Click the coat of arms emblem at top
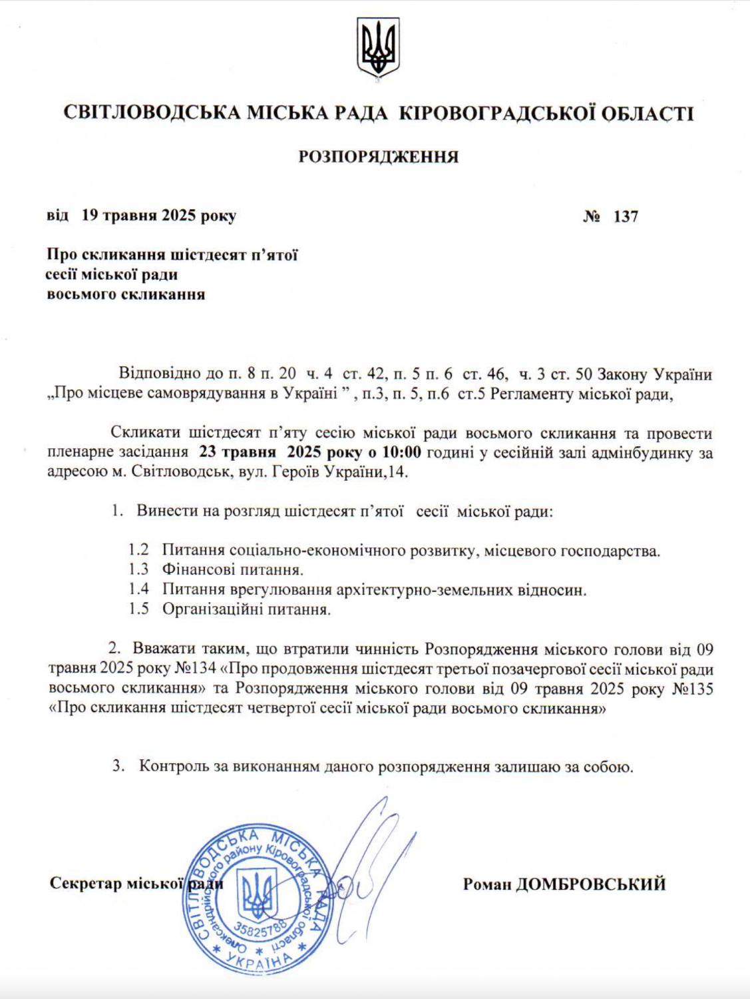point(377,47)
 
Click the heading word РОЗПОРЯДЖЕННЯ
point(378,157)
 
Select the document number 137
point(626,216)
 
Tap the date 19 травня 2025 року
point(158,216)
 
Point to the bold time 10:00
point(401,453)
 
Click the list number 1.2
point(138,551)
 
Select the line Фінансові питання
point(232,570)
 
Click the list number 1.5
point(138,609)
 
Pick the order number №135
point(693,689)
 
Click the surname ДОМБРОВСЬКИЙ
point(591,884)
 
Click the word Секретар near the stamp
point(86,884)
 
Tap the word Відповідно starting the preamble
point(158,374)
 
